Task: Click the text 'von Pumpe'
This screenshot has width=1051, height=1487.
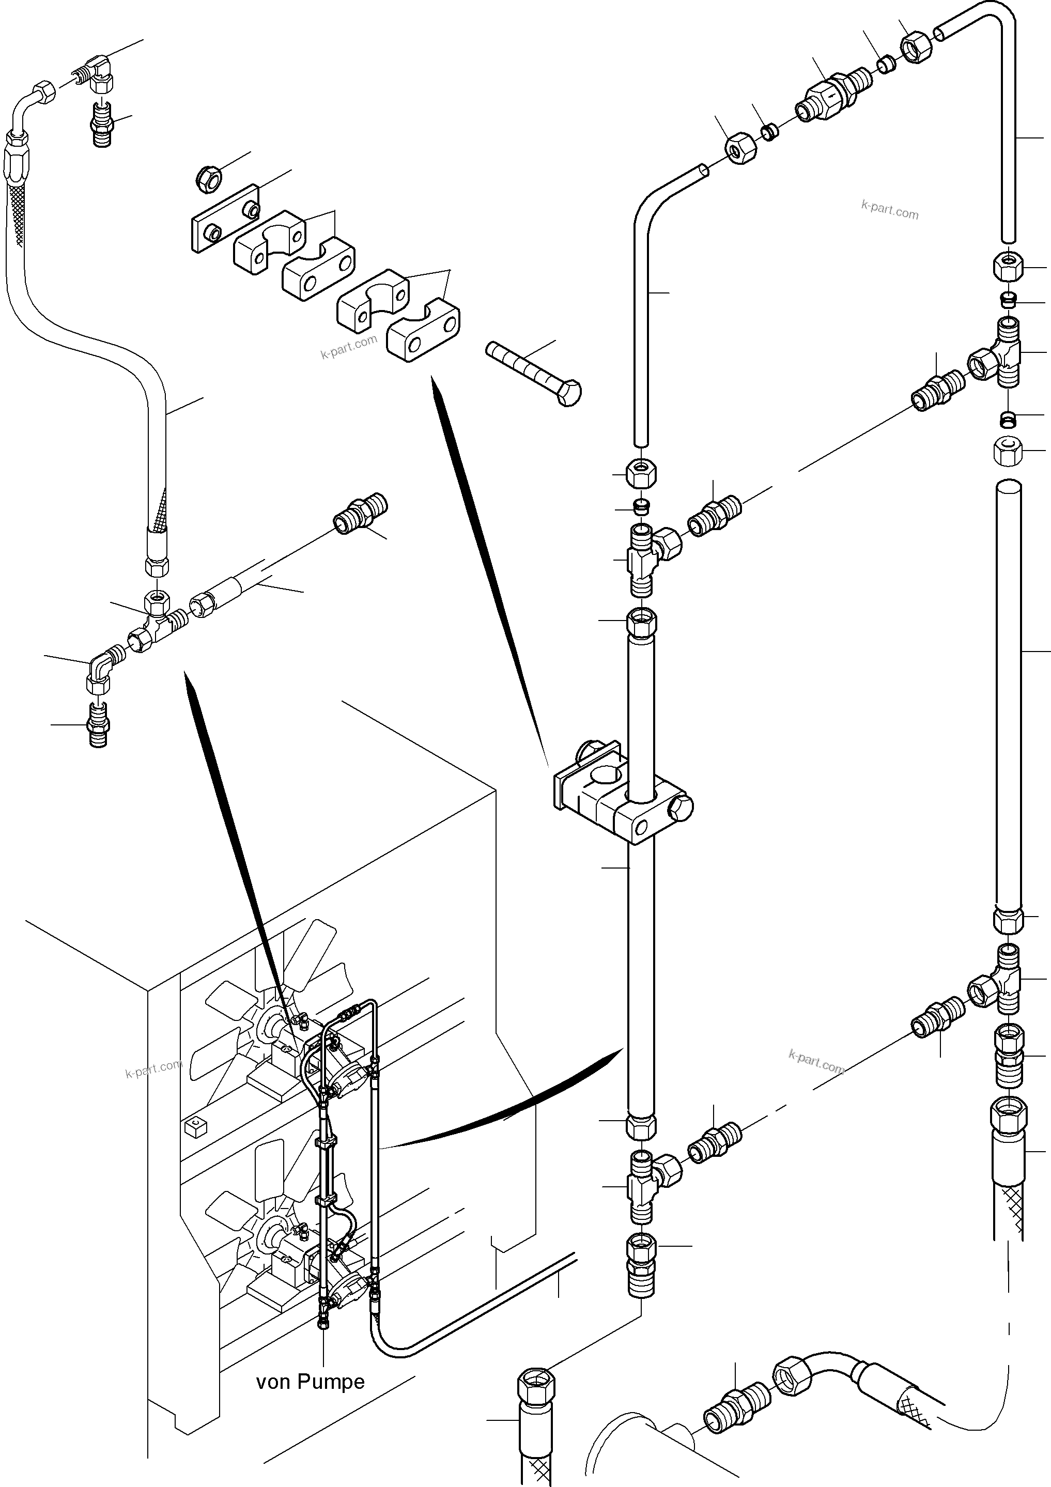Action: pyautogui.click(x=310, y=1382)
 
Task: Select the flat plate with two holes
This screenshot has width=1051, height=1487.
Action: pyautogui.click(x=225, y=218)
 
